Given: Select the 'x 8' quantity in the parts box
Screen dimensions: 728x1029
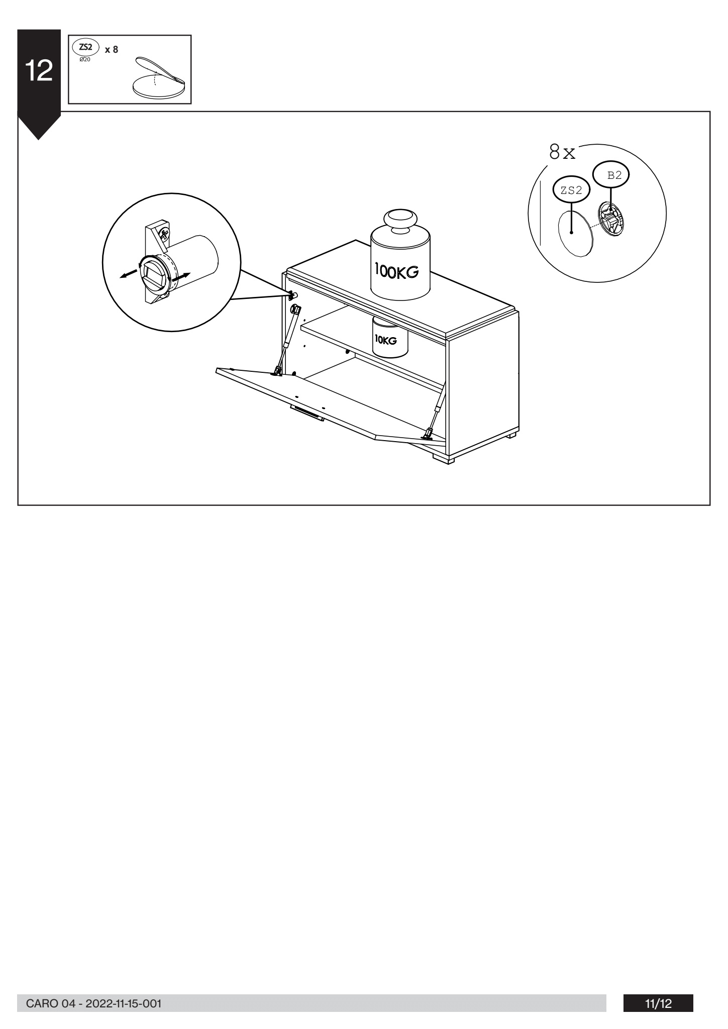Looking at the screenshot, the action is coord(112,50).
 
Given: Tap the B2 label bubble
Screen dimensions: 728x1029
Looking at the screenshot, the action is coord(611,175).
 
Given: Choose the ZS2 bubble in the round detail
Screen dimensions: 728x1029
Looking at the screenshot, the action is coord(571,190).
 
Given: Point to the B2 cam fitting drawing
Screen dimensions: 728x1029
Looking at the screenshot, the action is coord(610,219).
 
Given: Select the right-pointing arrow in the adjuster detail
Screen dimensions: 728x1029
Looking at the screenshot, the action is coord(181,276).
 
